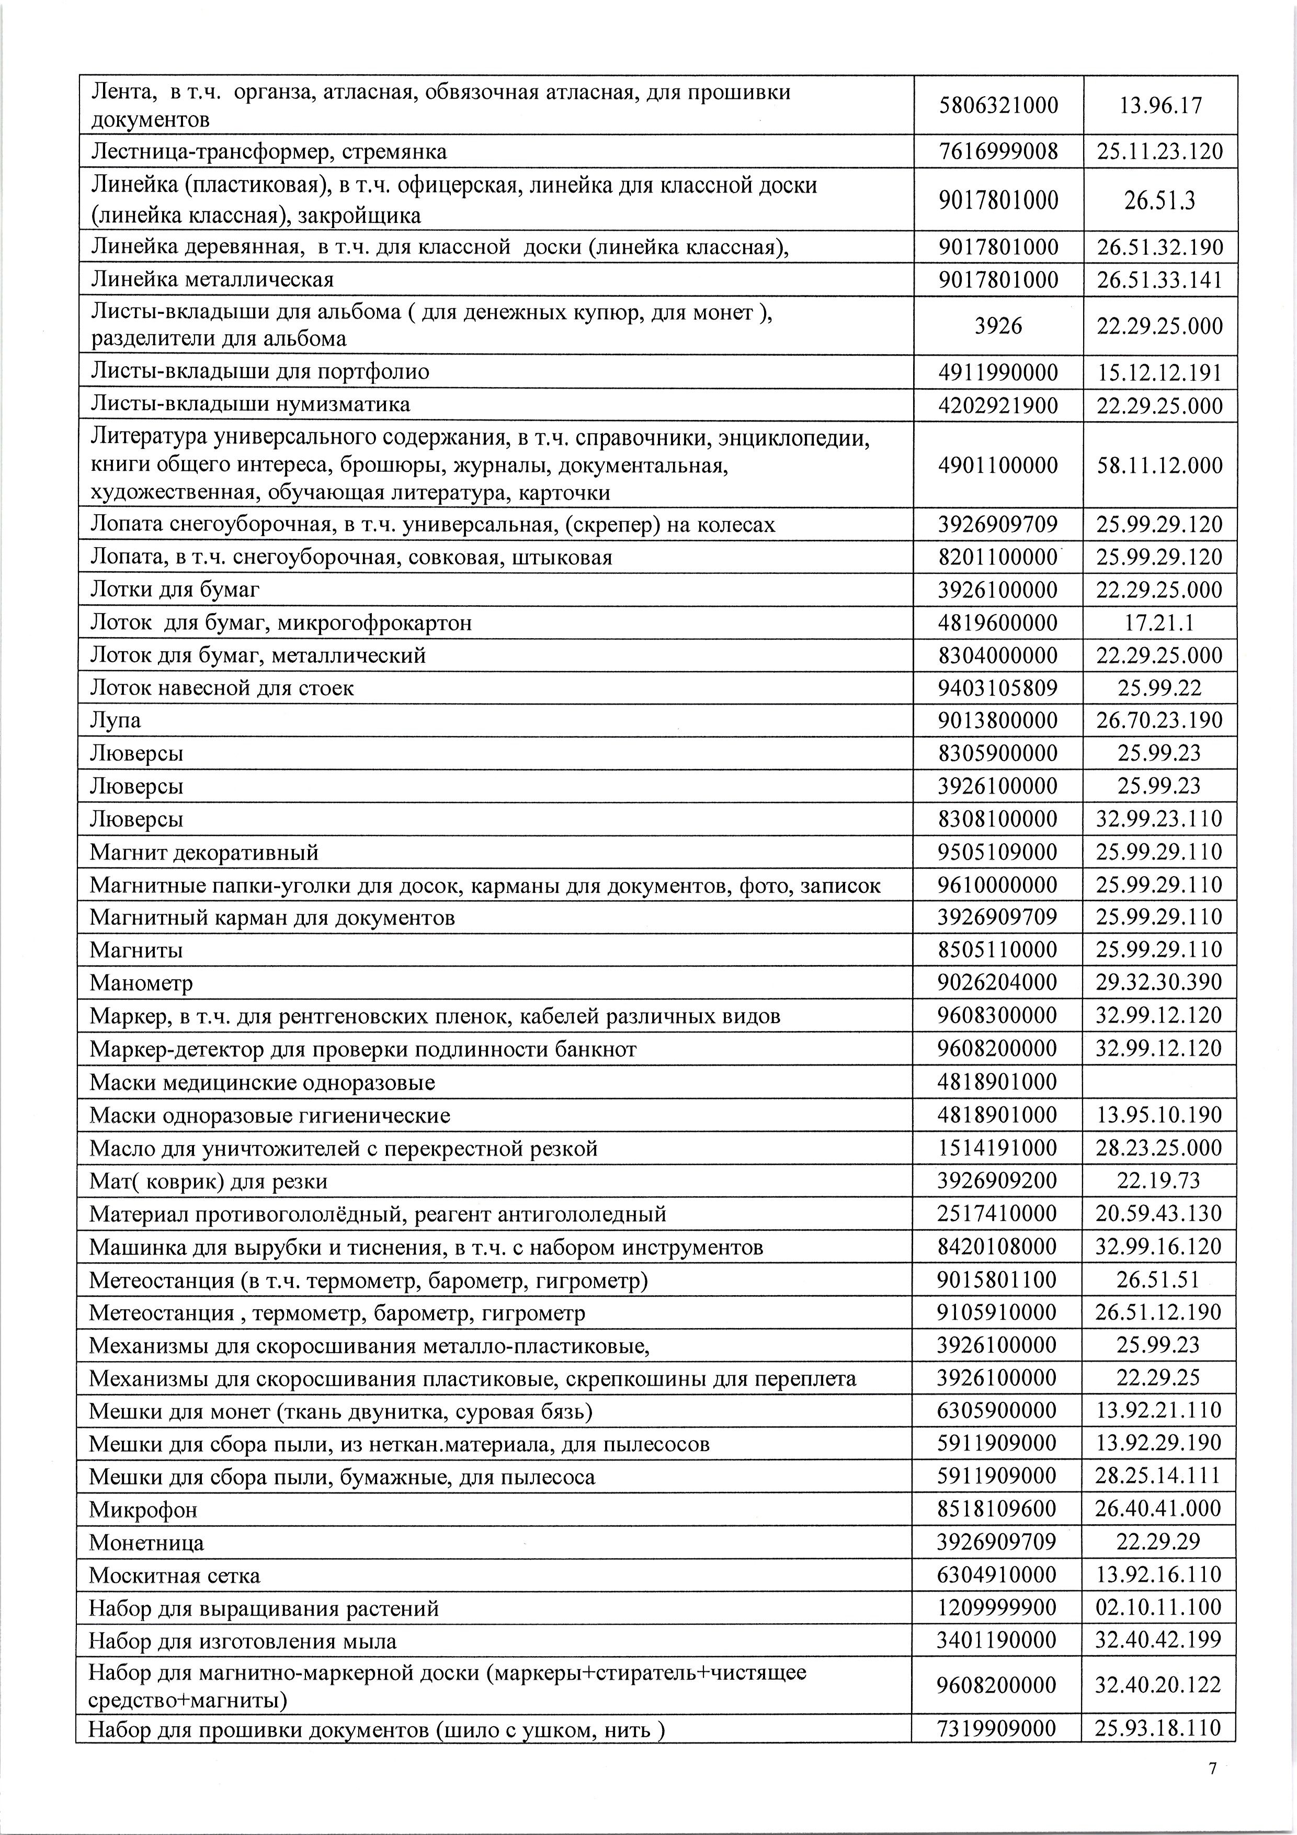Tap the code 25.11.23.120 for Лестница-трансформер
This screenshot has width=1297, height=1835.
click(1159, 152)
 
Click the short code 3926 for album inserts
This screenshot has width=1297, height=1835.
click(998, 326)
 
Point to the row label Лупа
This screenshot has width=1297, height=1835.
click(116, 720)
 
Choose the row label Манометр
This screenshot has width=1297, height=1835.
click(141, 982)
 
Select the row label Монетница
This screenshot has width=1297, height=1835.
click(146, 1542)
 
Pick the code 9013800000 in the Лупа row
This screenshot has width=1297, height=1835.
click(998, 720)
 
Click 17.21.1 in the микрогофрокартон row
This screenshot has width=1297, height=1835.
click(1159, 622)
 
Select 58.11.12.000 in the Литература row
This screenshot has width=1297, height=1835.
click(1159, 465)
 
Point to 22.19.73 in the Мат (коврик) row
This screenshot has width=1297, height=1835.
click(1159, 1181)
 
